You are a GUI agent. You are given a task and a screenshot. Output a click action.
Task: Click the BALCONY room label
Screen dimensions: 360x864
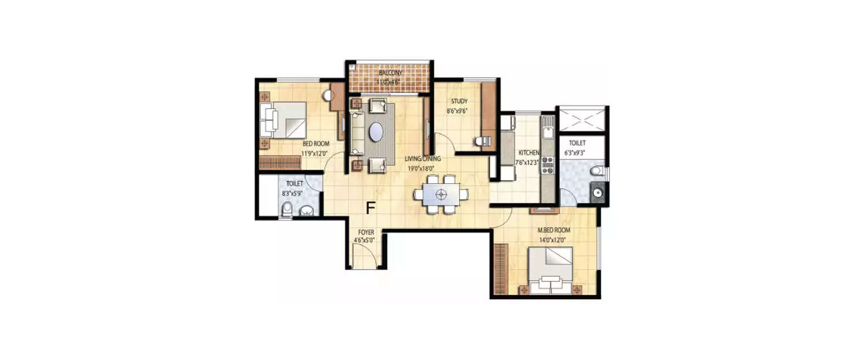click(x=390, y=73)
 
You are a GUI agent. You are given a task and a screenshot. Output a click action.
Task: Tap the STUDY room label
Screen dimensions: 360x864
click(x=459, y=101)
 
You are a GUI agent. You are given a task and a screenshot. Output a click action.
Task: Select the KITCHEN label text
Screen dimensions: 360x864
click(x=529, y=153)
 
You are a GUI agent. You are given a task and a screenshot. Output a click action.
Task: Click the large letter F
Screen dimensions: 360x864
click(x=371, y=208)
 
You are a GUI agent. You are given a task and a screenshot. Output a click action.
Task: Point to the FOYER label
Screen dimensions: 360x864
click(x=366, y=232)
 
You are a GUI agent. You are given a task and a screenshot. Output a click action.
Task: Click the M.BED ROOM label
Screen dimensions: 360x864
click(x=554, y=230)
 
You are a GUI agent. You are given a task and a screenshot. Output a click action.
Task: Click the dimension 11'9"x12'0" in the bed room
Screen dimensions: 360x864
click(x=314, y=154)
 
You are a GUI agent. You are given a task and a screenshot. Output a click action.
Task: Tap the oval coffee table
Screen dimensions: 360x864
click(x=376, y=131)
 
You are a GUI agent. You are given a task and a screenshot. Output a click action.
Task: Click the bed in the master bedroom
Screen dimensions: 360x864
click(x=551, y=270)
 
